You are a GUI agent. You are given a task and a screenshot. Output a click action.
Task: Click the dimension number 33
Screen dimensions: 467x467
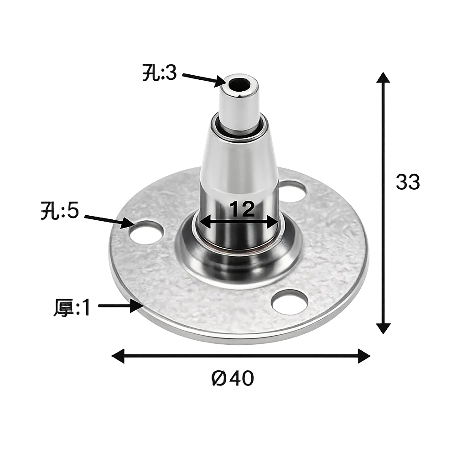[x=408, y=182]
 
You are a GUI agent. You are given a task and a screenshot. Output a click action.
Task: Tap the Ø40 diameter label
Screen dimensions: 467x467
[x=233, y=378]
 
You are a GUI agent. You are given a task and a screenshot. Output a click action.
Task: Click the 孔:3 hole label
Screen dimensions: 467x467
[x=160, y=73]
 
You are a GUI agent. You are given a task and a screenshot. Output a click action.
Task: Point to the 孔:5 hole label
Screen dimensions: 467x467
[x=60, y=211]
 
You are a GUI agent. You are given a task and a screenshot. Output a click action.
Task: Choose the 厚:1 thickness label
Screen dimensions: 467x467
[x=72, y=308]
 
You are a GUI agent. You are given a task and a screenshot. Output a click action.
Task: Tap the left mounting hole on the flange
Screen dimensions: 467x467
[x=146, y=233]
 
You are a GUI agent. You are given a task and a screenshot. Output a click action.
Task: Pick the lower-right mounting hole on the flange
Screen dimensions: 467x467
[x=290, y=302]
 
